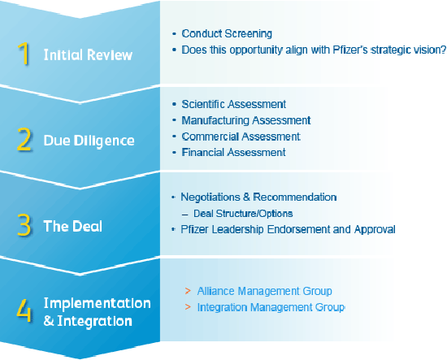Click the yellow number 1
point(24,53)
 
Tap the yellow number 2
point(24,139)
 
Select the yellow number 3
point(24,225)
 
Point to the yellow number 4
point(24,310)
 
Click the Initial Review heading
point(88,54)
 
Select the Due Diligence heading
point(89,141)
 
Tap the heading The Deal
point(73,226)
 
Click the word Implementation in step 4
point(98,303)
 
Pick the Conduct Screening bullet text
point(227,33)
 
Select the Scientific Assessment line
point(234,104)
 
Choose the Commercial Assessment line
point(241,137)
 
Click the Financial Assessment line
point(233,153)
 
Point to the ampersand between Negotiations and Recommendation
point(246,197)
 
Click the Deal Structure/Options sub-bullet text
point(243,214)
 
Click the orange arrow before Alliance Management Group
point(188,291)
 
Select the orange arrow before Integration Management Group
point(188,307)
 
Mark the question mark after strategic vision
point(443,50)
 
